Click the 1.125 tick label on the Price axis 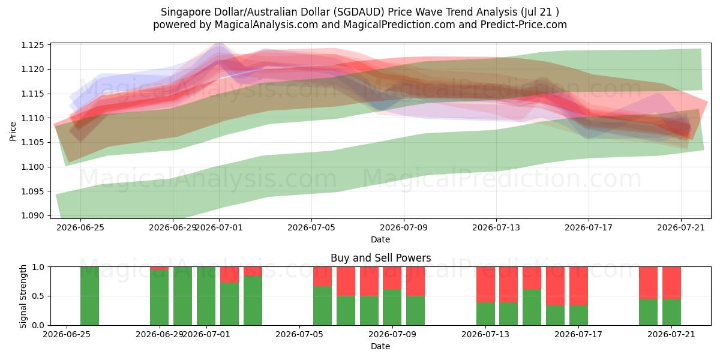(32, 45)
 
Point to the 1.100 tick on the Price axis (32, 167)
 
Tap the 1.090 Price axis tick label (32, 215)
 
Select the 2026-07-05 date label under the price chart (311, 227)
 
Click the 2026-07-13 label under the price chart (496, 227)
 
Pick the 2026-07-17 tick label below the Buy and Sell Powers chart (578, 334)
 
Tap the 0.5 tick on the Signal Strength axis (38, 296)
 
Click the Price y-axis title (13, 131)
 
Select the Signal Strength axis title (23, 296)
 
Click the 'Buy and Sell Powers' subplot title (380, 258)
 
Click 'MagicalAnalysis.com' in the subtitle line (266, 25)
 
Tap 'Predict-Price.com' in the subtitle (524, 25)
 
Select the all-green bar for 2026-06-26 (89, 296)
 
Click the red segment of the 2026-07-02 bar (229, 275)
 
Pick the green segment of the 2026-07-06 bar (322, 305)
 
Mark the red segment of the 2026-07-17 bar (578, 286)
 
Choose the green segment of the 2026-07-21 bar (671, 312)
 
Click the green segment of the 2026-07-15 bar (532, 307)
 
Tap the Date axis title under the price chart (380, 239)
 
